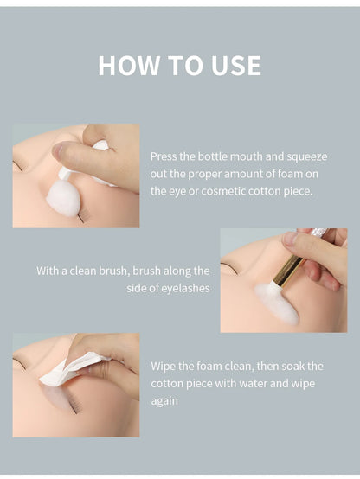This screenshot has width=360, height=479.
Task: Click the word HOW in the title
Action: (129, 66)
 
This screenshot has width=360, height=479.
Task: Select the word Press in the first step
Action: (164, 156)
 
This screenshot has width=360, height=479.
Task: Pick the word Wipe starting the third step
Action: (163, 367)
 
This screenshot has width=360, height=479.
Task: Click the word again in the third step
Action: (164, 401)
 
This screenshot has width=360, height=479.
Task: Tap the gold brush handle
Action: (288, 271)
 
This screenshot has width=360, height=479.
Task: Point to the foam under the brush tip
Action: (277, 304)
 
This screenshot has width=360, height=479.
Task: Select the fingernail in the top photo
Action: (57, 150)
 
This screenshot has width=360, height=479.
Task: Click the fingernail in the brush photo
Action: (290, 239)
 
